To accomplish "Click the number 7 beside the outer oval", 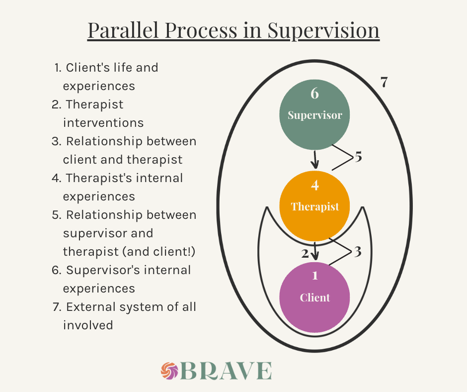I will pyautogui.click(x=384, y=83).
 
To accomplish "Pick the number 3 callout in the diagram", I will pyautogui.click(x=357, y=251).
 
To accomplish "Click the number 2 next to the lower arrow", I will pyautogui.click(x=305, y=253).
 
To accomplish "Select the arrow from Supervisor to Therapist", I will pyautogui.click(x=315, y=161).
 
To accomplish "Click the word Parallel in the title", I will pyautogui.click(x=125, y=30).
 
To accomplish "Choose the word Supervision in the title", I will pyautogui.click(x=323, y=30).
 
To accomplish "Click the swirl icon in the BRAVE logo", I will pyautogui.click(x=170, y=371).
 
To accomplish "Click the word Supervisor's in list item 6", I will pyautogui.click(x=104, y=270).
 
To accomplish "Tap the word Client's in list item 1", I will pyautogui.click(x=85, y=67).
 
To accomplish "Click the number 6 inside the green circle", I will pyautogui.click(x=314, y=93).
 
